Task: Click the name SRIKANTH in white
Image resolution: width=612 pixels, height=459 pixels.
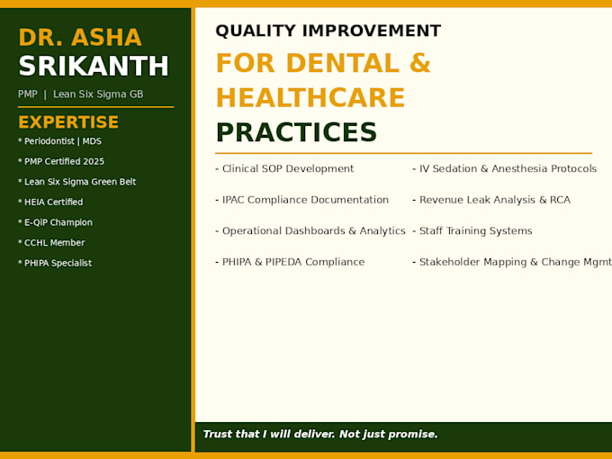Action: click(x=94, y=66)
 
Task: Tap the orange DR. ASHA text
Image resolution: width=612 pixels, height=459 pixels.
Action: click(x=80, y=38)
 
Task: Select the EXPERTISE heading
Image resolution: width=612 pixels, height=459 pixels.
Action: click(x=68, y=122)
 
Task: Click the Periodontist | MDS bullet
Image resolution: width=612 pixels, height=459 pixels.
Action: click(x=59, y=141)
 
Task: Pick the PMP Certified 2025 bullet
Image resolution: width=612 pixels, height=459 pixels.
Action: click(x=61, y=162)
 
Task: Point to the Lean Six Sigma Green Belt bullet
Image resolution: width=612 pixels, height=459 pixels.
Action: click(x=76, y=182)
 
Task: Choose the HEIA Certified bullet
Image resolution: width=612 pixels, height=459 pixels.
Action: click(x=50, y=202)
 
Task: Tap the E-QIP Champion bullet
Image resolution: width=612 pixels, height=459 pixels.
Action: click(x=56, y=222)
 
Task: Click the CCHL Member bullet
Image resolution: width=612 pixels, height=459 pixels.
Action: click(x=51, y=243)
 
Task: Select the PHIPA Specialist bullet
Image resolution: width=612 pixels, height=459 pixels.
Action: click(x=55, y=263)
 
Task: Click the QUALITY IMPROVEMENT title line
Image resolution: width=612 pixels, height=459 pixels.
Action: click(x=328, y=31)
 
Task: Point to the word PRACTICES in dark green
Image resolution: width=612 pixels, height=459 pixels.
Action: click(x=296, y=132)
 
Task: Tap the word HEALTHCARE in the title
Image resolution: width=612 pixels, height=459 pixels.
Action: click(x=310, y=97)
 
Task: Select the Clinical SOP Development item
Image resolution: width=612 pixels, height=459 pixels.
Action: click(x=284, y=168)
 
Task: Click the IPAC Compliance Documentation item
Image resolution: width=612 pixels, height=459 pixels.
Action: click(x=302, y=200)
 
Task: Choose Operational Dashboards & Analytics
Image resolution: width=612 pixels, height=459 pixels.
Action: click(x=310, y=231)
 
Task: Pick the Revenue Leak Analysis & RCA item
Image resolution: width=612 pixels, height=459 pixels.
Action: click(x=491, y=200)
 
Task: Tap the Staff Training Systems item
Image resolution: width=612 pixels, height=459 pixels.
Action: click(x=472, y=231)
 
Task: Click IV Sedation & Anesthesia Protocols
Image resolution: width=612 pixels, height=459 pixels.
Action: click(x=504, y=168)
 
